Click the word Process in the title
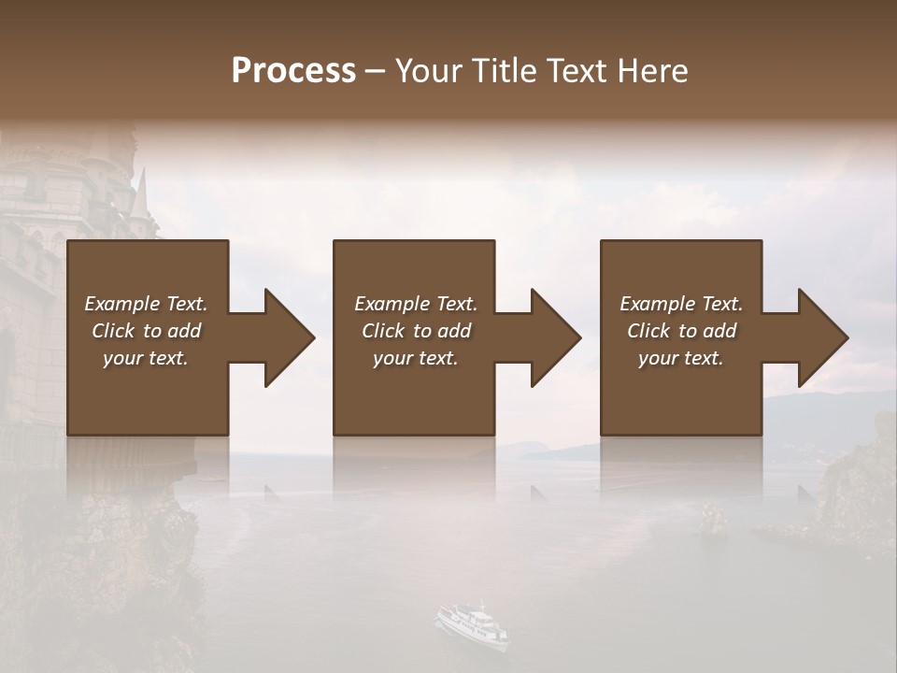293,71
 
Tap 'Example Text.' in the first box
146,304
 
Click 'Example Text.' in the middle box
416,304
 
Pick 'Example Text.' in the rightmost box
681,304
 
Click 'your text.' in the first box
146,358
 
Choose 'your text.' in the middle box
416,358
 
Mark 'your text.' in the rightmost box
681,358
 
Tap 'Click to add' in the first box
146,331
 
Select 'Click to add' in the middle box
416,331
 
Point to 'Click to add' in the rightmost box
681,331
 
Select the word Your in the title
426,71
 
